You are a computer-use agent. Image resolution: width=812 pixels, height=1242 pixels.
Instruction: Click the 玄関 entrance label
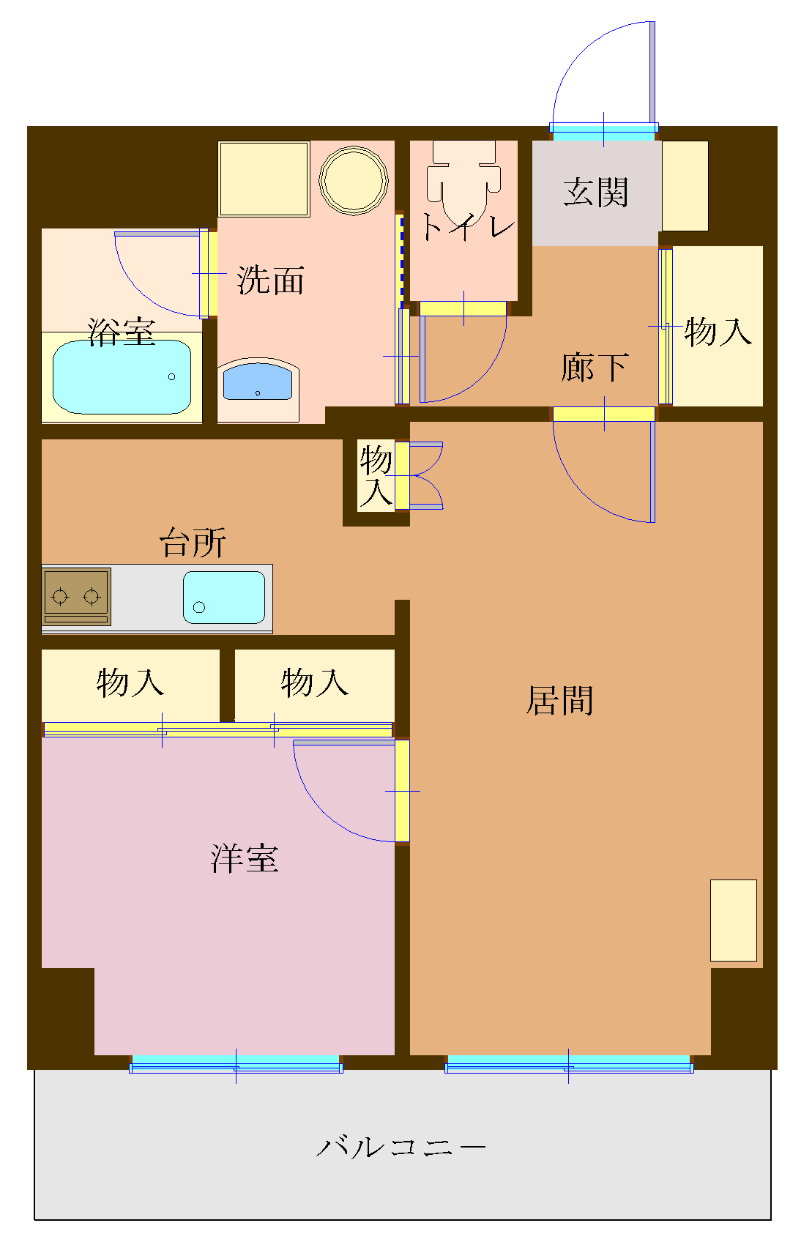(595, 193)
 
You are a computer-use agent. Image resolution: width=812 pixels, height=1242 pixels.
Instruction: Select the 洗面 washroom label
(270, 280)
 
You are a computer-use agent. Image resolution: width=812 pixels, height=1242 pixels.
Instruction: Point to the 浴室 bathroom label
(122, 332)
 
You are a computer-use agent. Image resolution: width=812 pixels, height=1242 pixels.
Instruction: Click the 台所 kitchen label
(193, 543)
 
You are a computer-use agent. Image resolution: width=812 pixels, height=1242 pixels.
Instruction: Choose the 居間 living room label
(559, 700)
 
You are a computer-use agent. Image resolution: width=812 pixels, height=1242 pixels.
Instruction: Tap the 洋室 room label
(245, 858)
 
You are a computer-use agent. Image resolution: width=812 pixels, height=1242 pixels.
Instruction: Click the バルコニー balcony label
(401, 1147)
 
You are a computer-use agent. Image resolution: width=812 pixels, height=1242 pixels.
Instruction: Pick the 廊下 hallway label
(594, 367)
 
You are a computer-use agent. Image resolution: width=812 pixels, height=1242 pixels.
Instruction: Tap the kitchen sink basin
(224, 598)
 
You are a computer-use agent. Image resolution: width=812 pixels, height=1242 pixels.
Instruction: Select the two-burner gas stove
(76, 596)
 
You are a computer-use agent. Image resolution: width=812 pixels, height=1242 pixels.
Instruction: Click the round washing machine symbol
(354, 180)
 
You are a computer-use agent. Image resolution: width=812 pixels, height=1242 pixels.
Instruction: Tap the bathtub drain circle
(172, 377)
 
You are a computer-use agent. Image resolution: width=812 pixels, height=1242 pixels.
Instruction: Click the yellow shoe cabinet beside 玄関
(685, 186)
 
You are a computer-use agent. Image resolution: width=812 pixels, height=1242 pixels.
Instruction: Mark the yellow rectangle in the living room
(733, 920)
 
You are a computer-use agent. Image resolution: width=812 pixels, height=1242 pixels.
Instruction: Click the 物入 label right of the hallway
(718, 332)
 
